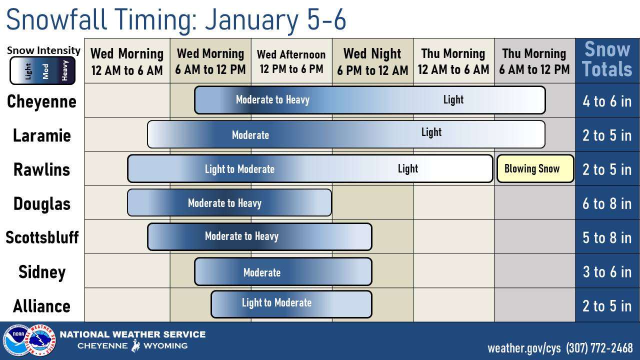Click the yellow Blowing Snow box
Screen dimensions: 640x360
click(535, 168)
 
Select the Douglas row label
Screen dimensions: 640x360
click(42, 203)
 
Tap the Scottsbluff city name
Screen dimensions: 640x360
click(42, 237)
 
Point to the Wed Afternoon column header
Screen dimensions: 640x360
click(291, 61)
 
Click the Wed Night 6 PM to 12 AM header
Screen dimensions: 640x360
click(372, 61)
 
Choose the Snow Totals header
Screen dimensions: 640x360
click(607, 59)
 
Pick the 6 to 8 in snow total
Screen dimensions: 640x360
click(607, 203)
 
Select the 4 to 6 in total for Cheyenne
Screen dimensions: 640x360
click(607, 101)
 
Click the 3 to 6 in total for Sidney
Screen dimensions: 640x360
click(607, 271)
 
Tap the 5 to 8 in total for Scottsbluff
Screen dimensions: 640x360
click(607, 237)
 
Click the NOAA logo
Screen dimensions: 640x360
click(16, 340)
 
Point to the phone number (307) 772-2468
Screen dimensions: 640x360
click(599, 348)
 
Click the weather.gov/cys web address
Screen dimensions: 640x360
click(524, 348)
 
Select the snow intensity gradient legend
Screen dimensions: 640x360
click(42, 70)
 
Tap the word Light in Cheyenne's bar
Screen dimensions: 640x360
click(453, 99)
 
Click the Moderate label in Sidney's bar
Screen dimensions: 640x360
click(262, 272)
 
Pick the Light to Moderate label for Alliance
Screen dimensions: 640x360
click(276, 302)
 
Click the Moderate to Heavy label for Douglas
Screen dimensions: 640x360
click(224, 203)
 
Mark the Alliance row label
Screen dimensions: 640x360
click(41, 306)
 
